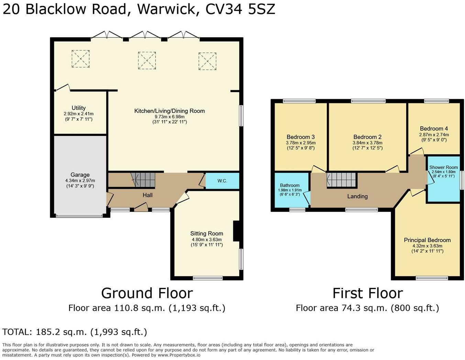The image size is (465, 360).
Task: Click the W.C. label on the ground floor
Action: [222, 181]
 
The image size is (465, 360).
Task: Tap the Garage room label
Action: [80, 175]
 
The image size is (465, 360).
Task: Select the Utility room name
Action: [79, 108]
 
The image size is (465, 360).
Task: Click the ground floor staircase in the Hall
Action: [143, 180]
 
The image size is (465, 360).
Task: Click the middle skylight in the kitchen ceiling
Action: [147, 61]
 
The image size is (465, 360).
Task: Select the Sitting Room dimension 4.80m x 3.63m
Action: [207, 240]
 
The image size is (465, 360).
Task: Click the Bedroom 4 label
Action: [434, 128]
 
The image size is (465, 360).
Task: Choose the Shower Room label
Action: [444, 167]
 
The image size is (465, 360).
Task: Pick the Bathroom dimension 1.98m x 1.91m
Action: [290, 190]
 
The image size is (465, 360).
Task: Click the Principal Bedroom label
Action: [427, 240]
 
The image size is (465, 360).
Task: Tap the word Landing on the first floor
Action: [357, 196]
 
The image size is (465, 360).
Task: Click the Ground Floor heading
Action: [147, 293]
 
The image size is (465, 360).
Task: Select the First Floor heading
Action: [368, 293]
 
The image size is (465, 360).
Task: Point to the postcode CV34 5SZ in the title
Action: [240, 9]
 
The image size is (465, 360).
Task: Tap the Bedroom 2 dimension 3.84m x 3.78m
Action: [367, 143]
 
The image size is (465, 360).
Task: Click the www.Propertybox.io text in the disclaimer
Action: [179, 355]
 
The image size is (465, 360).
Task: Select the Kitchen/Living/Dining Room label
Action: [169, 111]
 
